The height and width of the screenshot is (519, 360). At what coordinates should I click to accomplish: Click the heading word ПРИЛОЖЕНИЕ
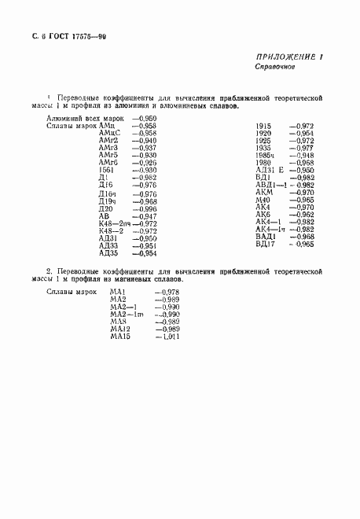285,57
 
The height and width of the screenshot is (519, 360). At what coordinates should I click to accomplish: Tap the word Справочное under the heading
274,68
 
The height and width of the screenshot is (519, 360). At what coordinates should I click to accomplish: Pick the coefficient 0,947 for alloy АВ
145,215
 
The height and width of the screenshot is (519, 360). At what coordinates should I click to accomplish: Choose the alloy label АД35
108,253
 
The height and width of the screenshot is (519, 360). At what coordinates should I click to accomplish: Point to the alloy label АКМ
264,192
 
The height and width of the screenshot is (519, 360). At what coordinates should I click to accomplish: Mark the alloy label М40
263,200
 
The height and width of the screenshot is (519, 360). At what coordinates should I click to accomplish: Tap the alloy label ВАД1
266,236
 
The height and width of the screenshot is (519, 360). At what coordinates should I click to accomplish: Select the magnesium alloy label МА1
119,293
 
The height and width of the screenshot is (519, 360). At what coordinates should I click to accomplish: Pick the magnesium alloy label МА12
121,329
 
